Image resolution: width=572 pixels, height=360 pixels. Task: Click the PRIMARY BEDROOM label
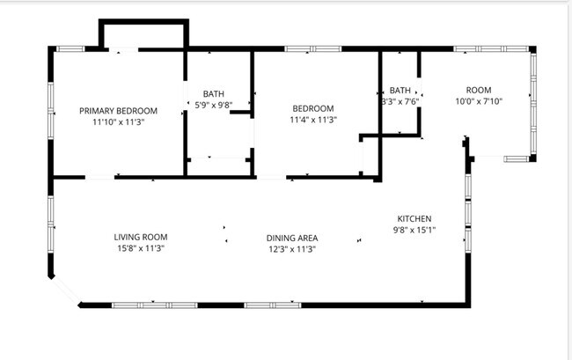118,110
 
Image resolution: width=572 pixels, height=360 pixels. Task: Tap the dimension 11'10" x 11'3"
118,122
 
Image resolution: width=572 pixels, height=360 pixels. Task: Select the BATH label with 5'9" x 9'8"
213,93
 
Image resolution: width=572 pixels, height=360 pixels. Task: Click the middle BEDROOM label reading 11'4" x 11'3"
313,108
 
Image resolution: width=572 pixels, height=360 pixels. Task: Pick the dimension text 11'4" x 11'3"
314,120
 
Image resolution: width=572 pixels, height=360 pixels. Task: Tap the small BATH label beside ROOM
400,90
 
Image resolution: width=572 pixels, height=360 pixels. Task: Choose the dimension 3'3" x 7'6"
398,101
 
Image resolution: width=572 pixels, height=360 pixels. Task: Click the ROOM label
478,90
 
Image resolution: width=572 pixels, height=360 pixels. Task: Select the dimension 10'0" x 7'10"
478,101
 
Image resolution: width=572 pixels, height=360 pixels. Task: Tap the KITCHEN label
414,218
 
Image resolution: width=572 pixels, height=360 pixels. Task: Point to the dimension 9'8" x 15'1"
414,230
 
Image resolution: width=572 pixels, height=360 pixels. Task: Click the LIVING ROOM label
140,237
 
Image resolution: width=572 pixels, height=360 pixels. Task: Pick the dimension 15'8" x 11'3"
140,249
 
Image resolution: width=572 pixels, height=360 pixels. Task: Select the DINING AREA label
292,238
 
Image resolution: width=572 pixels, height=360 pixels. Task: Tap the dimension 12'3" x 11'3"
291,249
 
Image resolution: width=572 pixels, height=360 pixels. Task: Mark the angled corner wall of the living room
64,290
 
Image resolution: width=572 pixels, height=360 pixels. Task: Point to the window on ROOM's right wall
532,101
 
